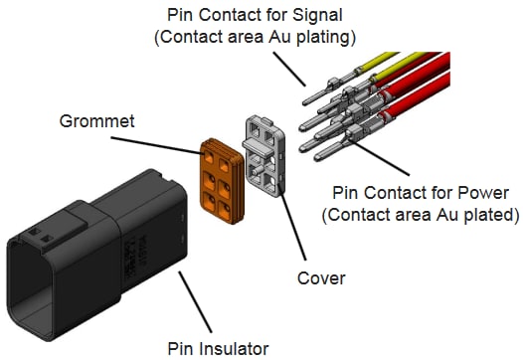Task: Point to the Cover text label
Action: click(x=321, y=278)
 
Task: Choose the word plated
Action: click(x=474, y=214)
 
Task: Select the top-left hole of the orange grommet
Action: click(x=212, y=154)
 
